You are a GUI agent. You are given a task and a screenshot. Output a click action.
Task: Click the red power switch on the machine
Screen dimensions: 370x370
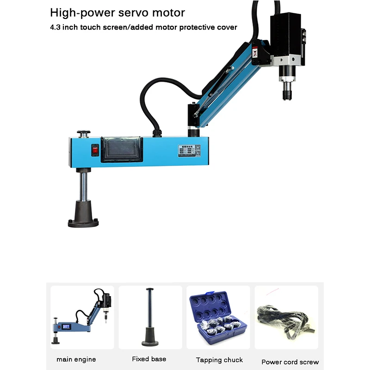point(95,149)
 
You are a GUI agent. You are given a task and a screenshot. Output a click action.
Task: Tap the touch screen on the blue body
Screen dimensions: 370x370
point(121,150)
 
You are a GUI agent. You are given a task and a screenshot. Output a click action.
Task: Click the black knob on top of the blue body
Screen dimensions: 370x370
point(83,134)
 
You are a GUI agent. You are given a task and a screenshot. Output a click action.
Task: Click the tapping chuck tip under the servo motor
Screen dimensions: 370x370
point(284,94)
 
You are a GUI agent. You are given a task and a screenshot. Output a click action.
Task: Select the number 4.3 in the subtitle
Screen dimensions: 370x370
point(55,27)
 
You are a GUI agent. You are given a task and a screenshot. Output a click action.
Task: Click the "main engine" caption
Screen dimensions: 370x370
point(76,359)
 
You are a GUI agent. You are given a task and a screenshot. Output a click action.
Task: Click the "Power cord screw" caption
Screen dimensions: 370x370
point(290,362)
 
